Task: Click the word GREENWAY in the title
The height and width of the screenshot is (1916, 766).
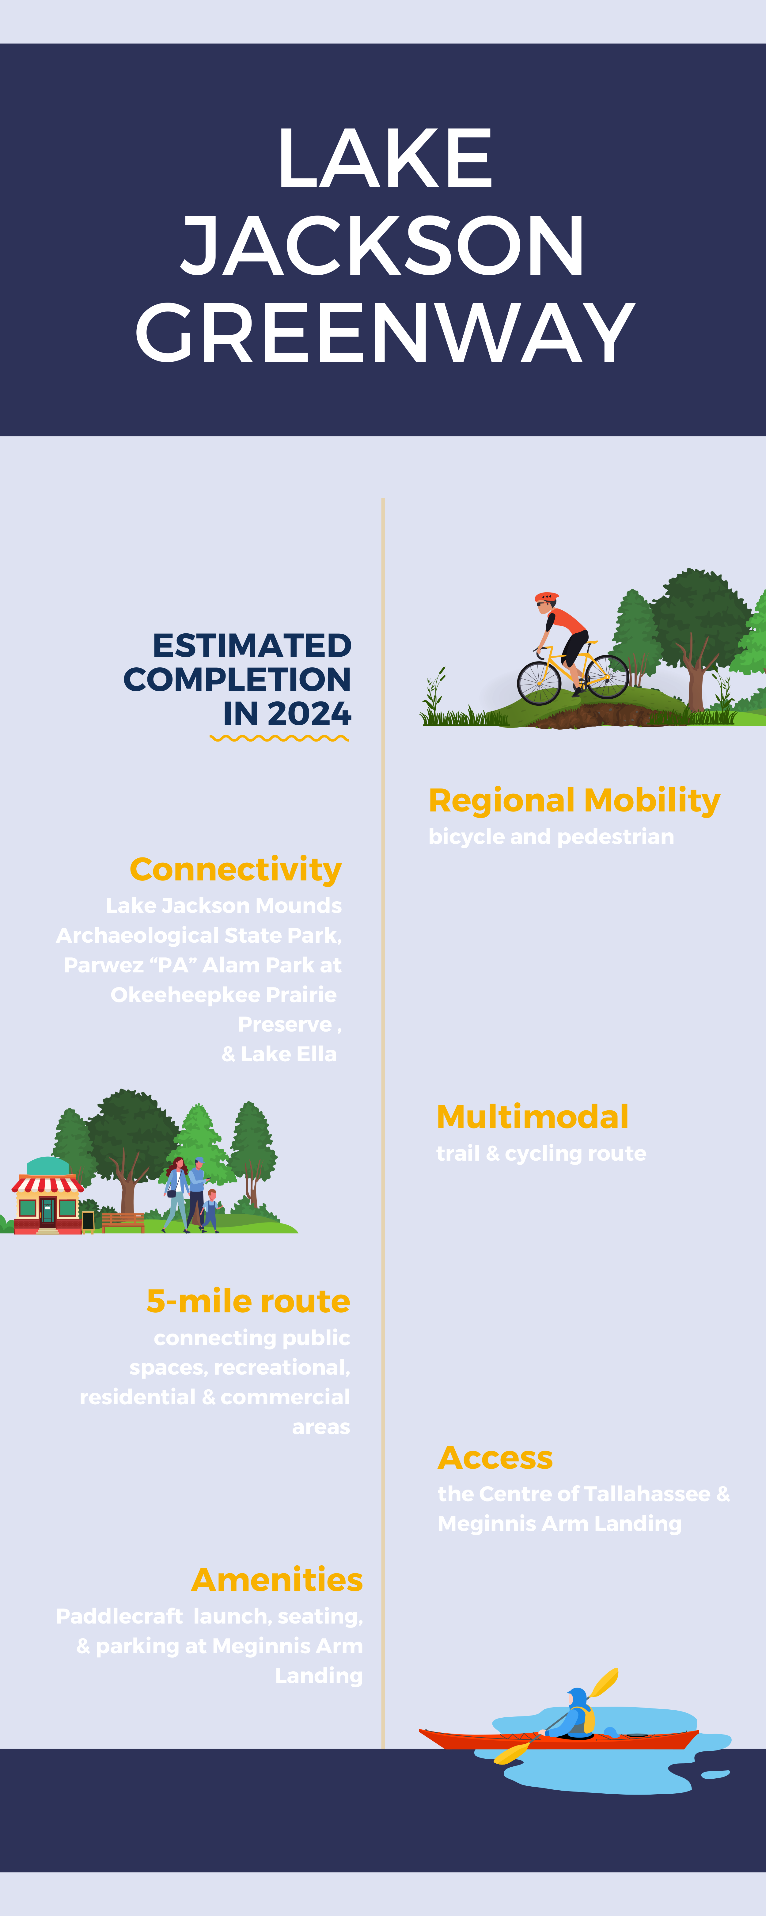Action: pyautogui.click(x=385, y=333)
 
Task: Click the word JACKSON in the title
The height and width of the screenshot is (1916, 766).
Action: pyautogui.click(x=383, y=246)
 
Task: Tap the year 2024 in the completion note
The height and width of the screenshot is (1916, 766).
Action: pyautogui.click(x=309, y=714)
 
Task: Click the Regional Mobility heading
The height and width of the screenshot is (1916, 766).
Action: pyautogui.click(x=574, y=800)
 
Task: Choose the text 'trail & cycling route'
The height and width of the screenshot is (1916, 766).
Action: pyautogui.click(x=541, y=1154)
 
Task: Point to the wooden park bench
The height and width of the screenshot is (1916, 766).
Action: pyautogui.click(x=123, y=1221)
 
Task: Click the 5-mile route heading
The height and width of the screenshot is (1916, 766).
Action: pyautogui.click(x=248, y=1302)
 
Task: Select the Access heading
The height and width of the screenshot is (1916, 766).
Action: pyautogui.click(x=495, y=1458)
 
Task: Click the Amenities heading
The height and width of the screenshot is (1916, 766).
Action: pyautogui.click(x=277, y=1580)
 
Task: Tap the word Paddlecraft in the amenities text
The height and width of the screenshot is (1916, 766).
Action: pyautogui.click(x=119, y=1616)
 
